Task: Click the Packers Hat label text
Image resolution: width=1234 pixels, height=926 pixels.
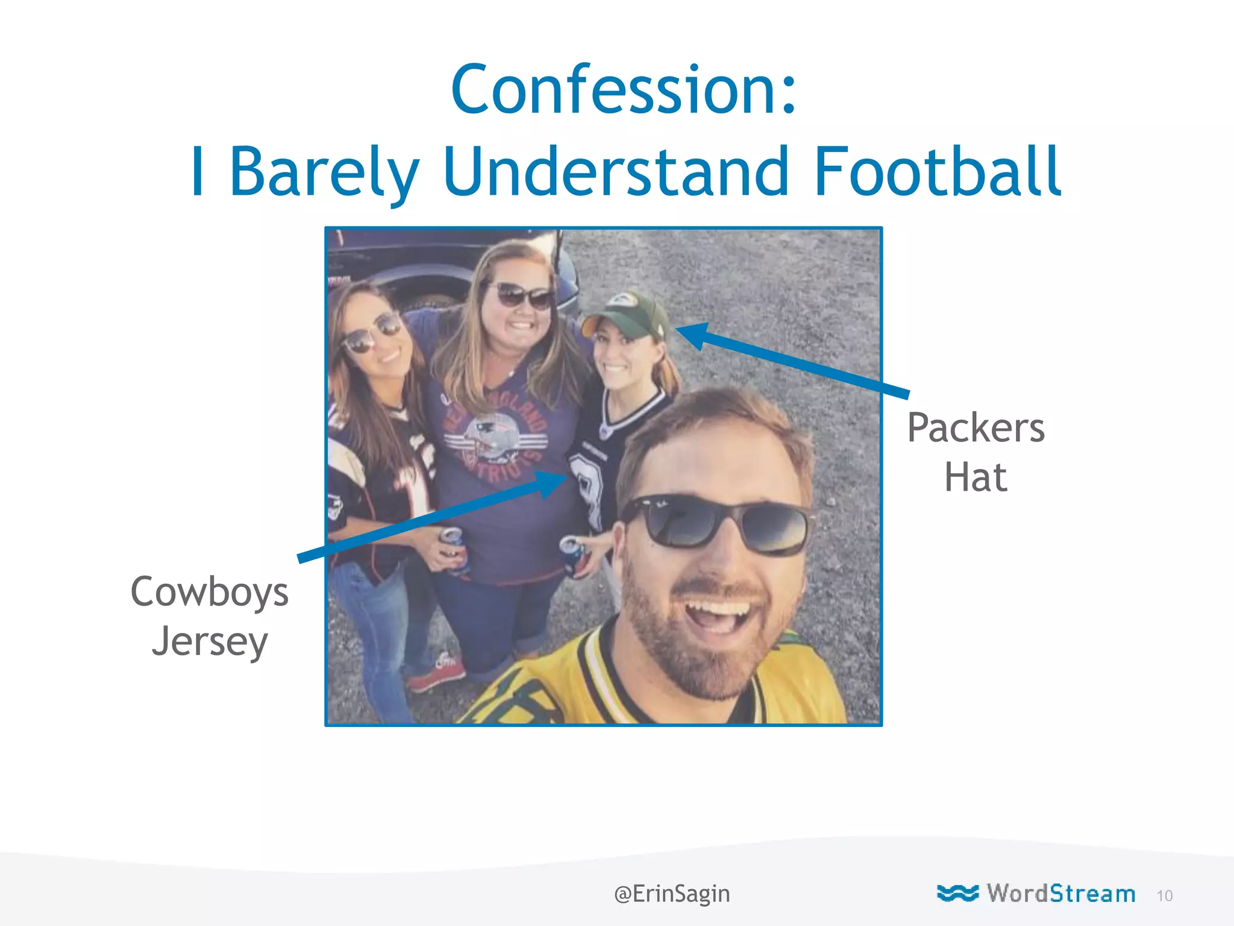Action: click(x=976, y=452)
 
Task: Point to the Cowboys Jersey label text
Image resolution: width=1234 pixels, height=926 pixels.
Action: click(x=209, y=616)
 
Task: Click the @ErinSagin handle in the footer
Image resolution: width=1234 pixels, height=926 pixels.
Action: click(x=671, y=893)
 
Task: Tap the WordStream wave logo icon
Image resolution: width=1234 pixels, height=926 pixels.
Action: click(x=957, y=893)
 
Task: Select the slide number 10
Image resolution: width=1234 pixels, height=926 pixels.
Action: click(x=1164, y=896)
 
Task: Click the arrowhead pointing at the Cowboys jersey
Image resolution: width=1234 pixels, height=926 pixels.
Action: click(x=551, y=482)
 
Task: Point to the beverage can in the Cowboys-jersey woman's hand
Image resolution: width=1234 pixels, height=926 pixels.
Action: click(x=571, y=555)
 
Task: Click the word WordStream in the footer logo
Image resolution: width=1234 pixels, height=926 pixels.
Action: click(x=1060, y=893)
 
